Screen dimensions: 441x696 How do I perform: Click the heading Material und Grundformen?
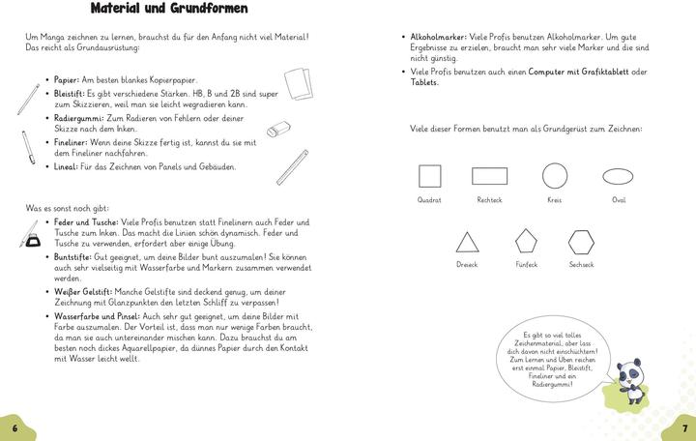click(168, 10)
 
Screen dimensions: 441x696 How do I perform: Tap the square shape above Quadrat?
click(429, 175)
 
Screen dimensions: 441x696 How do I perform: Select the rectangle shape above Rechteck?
click(489, 175)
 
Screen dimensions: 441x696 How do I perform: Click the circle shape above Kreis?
click(554, 175)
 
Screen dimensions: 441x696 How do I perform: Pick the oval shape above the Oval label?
click(619, 175)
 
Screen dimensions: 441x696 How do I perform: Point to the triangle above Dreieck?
click(467, 242)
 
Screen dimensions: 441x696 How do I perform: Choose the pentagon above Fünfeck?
click(526, 240)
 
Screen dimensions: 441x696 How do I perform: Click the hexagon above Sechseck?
click(581, 240)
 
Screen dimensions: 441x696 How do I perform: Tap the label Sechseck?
click(581, 264)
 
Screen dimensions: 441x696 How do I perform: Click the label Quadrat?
click(429, 200)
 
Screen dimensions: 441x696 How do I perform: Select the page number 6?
click(14, 427)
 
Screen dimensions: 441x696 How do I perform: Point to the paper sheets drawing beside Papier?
click(300, 81)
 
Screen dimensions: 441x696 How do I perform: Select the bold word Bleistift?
click(69, 94)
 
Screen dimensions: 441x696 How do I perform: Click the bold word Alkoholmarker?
click(438, 38)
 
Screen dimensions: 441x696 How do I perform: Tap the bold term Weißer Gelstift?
click(83, 291)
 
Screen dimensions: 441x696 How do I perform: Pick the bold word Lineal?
click(64, 166)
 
